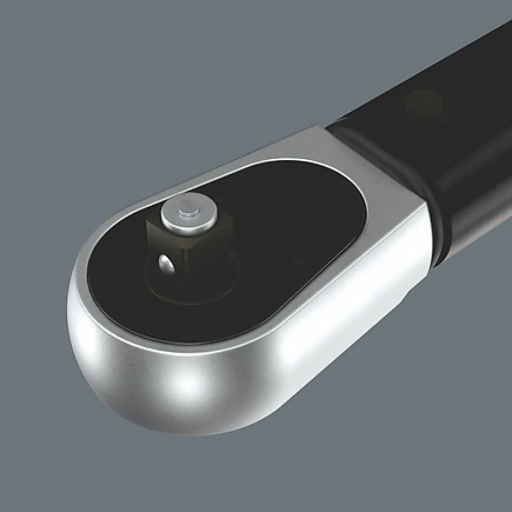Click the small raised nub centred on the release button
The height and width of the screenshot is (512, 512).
[x=189, y=208]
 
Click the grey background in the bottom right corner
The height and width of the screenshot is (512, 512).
[x=481, y=481]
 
